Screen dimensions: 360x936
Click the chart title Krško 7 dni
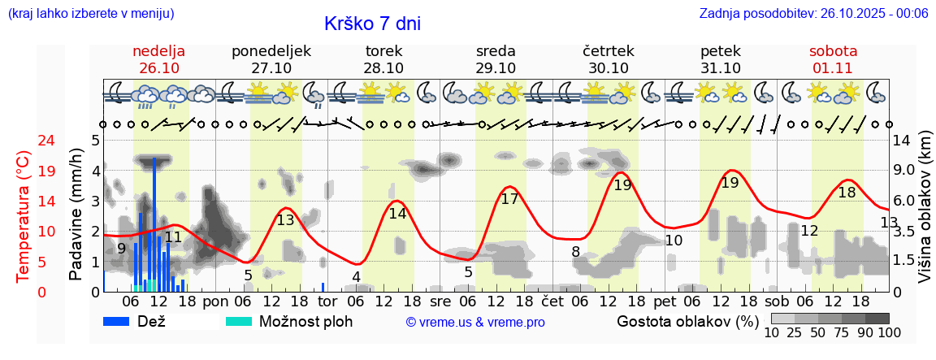[x=372, y=24]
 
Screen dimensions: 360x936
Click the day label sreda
[x=496, y=51]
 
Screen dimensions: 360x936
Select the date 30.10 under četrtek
[x=609, y=68]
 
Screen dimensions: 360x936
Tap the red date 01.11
[x=833, y=68]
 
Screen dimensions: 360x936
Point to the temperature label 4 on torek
[x=356, y=276]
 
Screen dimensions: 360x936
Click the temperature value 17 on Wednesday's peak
[x=509, y=198]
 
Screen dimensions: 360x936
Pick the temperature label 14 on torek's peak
[x=397, y=214]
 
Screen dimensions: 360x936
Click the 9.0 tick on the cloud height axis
[x=905, y=171]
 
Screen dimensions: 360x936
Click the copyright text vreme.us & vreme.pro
[x=475, y=322]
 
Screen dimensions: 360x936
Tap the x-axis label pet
[x=665, y=301]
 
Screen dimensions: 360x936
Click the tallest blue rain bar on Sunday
[x=154, y=223]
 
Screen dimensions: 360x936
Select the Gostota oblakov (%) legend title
[x=687, y=321]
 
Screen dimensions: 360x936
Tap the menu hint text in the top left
[x=91, y=13]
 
